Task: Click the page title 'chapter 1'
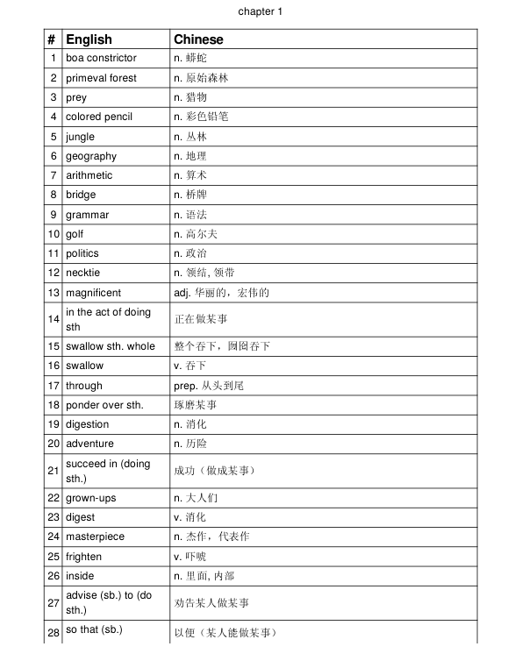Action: (261, 11)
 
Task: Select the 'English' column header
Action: (89, 39)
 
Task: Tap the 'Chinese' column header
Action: (198, 39)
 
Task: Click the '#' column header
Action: (53, 39)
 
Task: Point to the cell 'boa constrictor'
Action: (101, 58)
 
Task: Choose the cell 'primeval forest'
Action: (101, 78)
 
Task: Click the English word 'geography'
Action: (90, 156)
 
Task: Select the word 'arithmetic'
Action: (89, 175)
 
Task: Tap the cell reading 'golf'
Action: (75, 234)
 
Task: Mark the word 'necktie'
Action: (82, 273)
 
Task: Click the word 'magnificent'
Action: (93, 293)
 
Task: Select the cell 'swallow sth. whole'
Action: (110, 346)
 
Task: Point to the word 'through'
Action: (83, 386)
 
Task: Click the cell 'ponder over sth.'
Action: (104, 405)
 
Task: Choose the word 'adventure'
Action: (89, 444)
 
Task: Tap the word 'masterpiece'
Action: (95, 537)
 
